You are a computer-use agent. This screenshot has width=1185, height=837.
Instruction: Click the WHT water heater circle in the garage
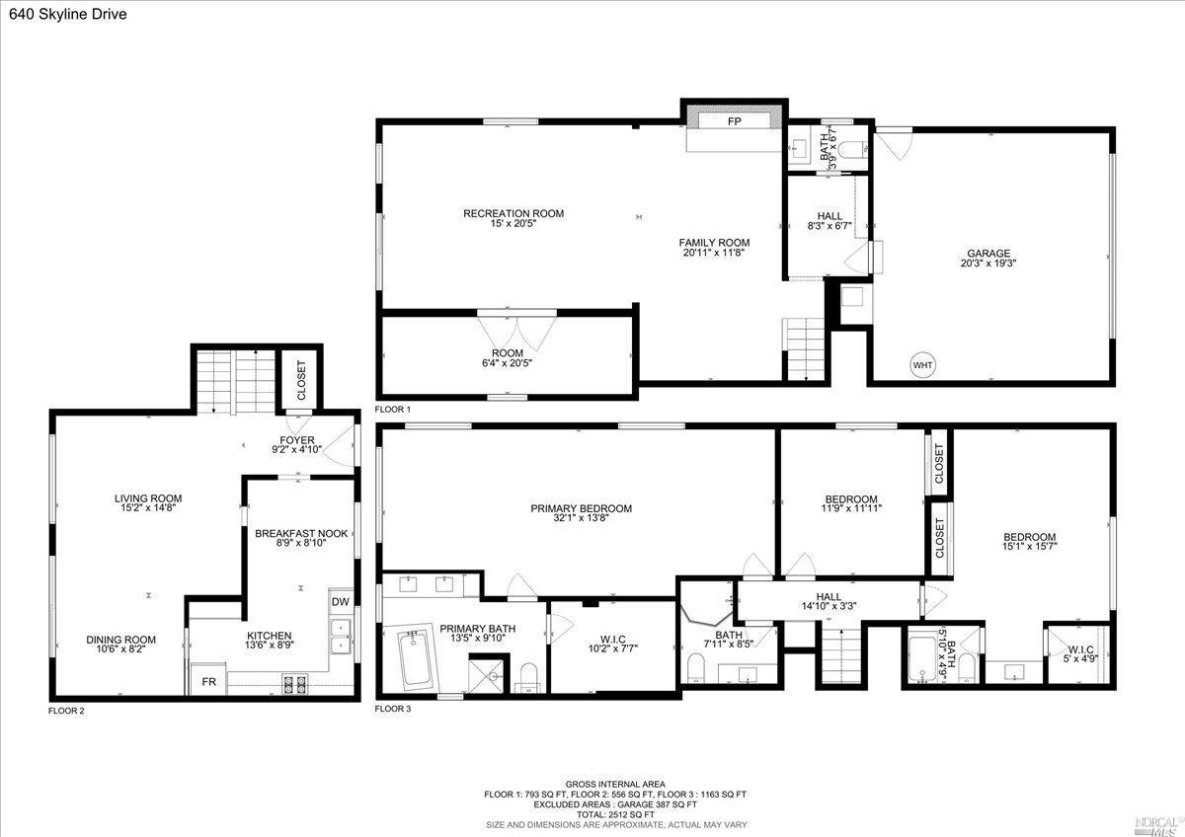tap(922, 365)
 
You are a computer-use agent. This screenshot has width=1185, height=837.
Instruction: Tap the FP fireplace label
tap(735, 121)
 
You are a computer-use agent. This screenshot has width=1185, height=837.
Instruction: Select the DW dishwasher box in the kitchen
tap(340, 602)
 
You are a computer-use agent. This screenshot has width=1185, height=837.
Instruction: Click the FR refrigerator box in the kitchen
tap(208, 681)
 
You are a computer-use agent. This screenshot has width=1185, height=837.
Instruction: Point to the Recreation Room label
tap(513, 213)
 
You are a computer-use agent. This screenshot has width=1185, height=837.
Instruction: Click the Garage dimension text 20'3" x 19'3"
tap(987, 264)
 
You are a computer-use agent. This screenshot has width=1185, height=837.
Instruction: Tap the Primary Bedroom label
tap(581, 508)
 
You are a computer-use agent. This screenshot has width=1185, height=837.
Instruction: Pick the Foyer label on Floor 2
tap(296, 440)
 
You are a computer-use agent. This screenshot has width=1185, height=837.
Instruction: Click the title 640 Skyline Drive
tap(62, 14)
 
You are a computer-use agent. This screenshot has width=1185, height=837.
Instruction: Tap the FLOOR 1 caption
tap(393, 409)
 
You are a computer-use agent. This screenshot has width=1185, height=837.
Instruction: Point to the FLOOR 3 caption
tap(393, 709)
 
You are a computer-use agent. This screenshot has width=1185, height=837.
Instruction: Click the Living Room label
tap(148, 498)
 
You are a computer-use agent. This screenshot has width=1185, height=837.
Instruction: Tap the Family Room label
tap(713, 243)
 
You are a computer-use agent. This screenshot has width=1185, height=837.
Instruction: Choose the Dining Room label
tap(120, 640)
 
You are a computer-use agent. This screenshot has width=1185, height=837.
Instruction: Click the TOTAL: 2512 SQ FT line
tap(615, 814)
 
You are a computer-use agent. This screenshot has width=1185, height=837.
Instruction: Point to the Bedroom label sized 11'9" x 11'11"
tap(851, 498)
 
